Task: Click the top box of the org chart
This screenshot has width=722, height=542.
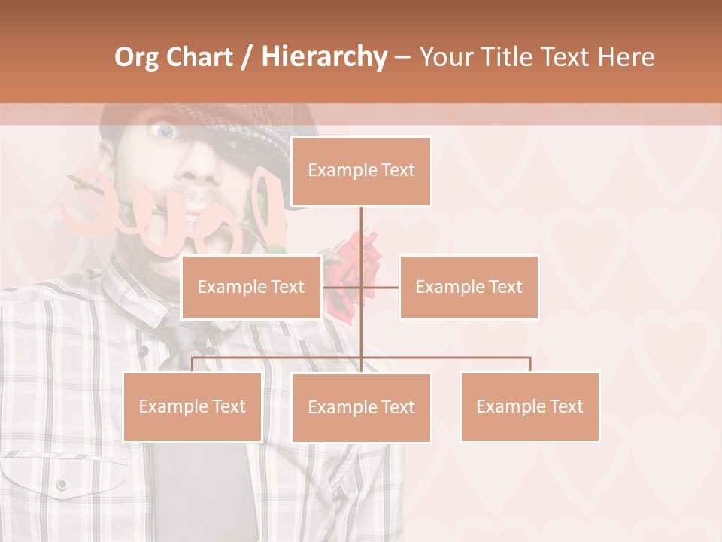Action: click(361, 171)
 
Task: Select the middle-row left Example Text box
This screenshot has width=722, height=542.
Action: click(251, 287)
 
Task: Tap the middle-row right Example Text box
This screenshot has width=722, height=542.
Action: click(469, 287)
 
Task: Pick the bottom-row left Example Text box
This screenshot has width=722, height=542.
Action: click(193, 406)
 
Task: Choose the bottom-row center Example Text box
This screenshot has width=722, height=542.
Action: click(361, 407)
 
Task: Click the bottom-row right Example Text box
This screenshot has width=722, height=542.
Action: click(529, 406)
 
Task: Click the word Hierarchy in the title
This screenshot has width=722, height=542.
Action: click(324, 56)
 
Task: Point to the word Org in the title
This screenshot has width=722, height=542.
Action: click(138, 57)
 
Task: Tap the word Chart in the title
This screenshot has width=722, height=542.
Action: click(199, 56)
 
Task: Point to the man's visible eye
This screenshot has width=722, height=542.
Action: click(164, 132)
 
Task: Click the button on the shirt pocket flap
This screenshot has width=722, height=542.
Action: click(62, 483)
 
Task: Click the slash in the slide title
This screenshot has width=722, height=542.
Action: click(247, 57)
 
